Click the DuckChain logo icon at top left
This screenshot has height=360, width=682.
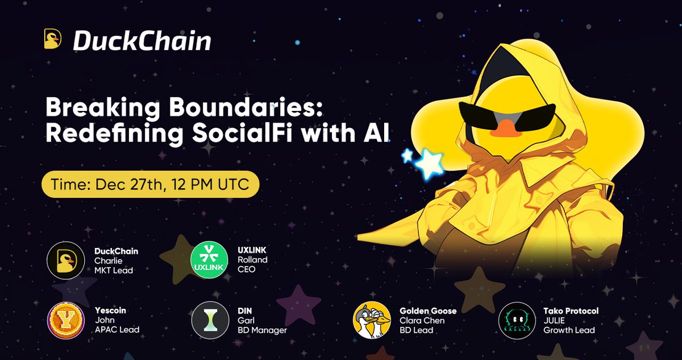(53, 39)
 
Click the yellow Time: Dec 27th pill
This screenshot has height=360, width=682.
(151, 184)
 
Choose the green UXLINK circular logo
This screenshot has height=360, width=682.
(206, 260)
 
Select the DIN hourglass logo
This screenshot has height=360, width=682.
(206, 320)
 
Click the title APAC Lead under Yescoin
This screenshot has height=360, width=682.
(117, 330)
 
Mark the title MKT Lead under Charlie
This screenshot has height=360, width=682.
(114, 270)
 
